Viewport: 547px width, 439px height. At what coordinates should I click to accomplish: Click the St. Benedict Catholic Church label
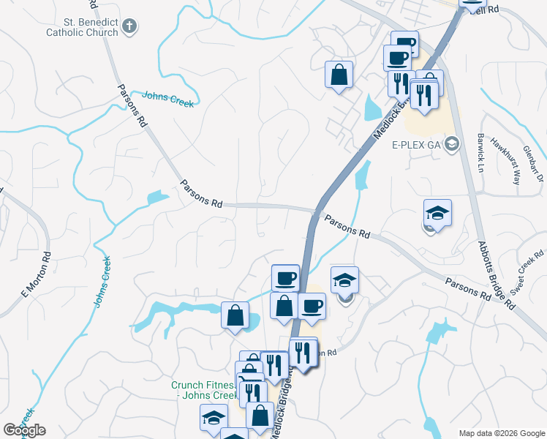pyautogui.click(x=81, y=28)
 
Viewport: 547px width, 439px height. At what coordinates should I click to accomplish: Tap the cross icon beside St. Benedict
pyautogui.click(x=129, y=28)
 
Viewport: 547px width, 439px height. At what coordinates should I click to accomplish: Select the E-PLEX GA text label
pyautogui.click(x=416, y=143)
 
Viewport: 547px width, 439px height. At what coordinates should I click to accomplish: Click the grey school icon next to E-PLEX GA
pyautogui.click(x=451, y=143)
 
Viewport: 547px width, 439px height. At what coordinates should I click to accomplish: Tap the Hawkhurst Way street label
pyautogui.click(x=505, y=160)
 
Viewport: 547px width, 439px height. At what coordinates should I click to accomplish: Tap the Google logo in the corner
pyautogui.click(x=24, y=430)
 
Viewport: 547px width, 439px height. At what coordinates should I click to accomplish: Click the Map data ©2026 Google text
pyautogui.click(x=501, y=433)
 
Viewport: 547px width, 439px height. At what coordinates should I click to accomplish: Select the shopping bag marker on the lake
pyautogui.click(x=235, y=315)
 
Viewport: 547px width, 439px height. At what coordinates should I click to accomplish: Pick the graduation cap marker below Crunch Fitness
pyautogui.click(x=213, y=419)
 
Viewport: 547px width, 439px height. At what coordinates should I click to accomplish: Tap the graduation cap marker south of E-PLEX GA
pyautogui.click(x=437, y=213)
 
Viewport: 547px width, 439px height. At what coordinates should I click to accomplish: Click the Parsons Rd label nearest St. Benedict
pyautogui.click(x=132, y=107)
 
